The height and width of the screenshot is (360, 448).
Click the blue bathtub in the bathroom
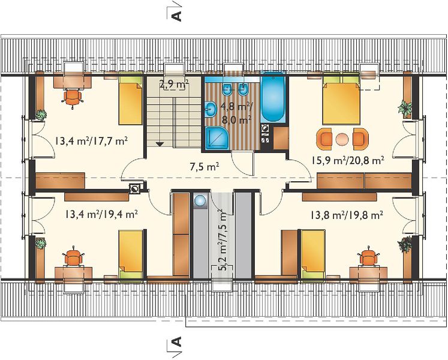tap(273, 97)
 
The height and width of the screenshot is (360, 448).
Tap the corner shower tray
tap(217, 138)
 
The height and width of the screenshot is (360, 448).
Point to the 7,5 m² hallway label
tap(205, 166)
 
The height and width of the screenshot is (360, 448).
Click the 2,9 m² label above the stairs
tap(174, 85)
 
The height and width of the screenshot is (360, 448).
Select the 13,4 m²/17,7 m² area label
tap(91, 140)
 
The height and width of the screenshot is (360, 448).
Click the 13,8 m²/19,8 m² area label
tap(347, 214)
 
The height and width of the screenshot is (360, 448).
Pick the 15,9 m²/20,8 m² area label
tap(347, 160)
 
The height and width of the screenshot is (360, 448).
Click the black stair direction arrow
tap(160, 144)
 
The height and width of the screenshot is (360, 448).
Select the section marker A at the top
tap(177, 16)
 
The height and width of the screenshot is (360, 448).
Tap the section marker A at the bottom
tap(177, 341)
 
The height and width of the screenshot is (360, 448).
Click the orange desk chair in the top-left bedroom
tap(73, 98)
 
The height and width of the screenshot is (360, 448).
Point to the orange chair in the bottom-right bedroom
tap(369, 256)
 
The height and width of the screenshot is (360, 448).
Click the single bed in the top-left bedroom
tap(130, 98)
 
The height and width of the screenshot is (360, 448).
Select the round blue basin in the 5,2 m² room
tap(200, 200)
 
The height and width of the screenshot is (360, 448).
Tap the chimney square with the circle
tap(134, 188)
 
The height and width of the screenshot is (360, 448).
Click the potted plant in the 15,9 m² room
tap(405, 108)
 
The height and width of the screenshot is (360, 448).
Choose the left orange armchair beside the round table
tap(324, 139)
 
